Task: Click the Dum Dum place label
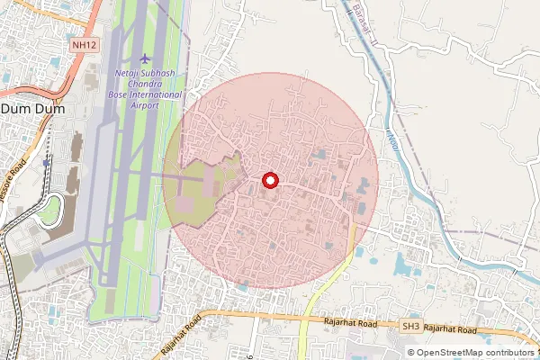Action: pyautogui.click(x=27, y=108)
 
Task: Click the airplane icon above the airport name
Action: pyautogui.click(x=147, y=58)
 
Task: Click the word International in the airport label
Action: pyautogui.click(x=157, y=94)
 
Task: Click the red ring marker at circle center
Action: pyautogui.click(x=269, y=180)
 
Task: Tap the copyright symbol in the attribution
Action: pyautogui.click(x=410, y=352)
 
